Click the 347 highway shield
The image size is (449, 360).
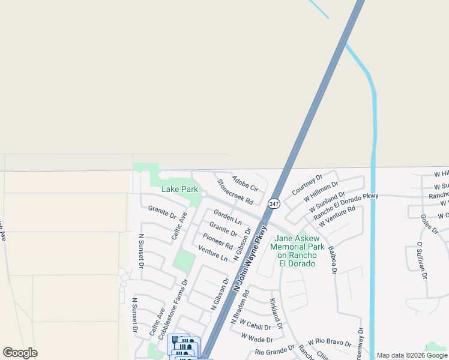[x=274, y=203]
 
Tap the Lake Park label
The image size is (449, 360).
[x=179, y=189]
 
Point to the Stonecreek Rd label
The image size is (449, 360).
[x=235, y=191]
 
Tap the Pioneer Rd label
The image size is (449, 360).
[x=217, y=241]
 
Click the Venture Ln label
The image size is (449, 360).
[x=212, y=254]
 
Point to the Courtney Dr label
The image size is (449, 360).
[x=307, y=184]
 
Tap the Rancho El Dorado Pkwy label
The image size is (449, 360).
[x=346, y=205]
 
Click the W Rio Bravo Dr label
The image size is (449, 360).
[x=330, y=342]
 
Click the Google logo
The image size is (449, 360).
[x=20, y=353]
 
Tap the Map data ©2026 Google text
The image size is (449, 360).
[x=412, y=355]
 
